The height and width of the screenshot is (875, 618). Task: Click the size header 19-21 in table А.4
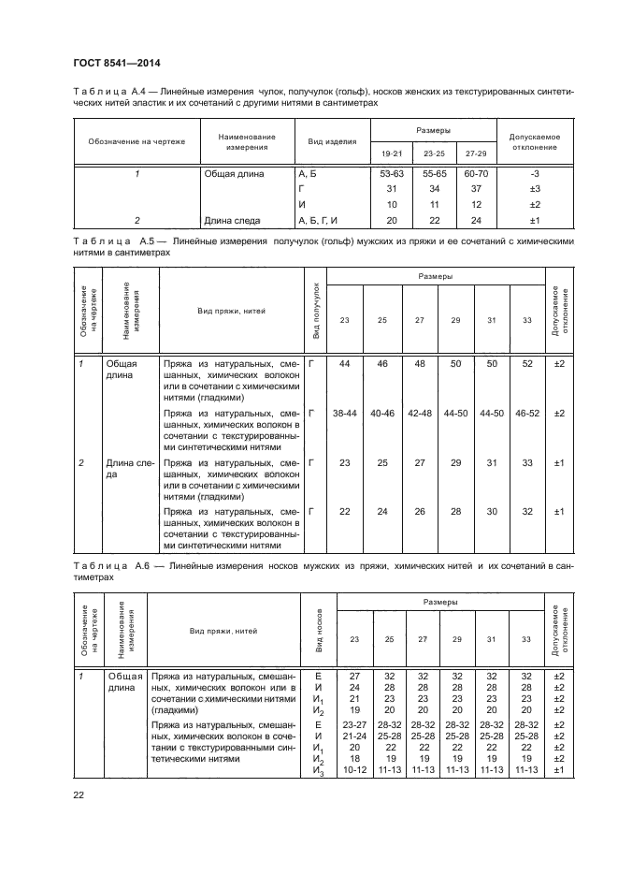394,153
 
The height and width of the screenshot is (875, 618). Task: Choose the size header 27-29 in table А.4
475,153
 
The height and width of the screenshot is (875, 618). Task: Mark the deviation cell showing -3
535,174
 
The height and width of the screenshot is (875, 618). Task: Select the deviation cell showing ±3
535,189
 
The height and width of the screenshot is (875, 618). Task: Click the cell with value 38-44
345,412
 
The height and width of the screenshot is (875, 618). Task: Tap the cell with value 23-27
354,724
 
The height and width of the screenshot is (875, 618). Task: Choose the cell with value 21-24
354,735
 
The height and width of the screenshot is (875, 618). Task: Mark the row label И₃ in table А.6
319,770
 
